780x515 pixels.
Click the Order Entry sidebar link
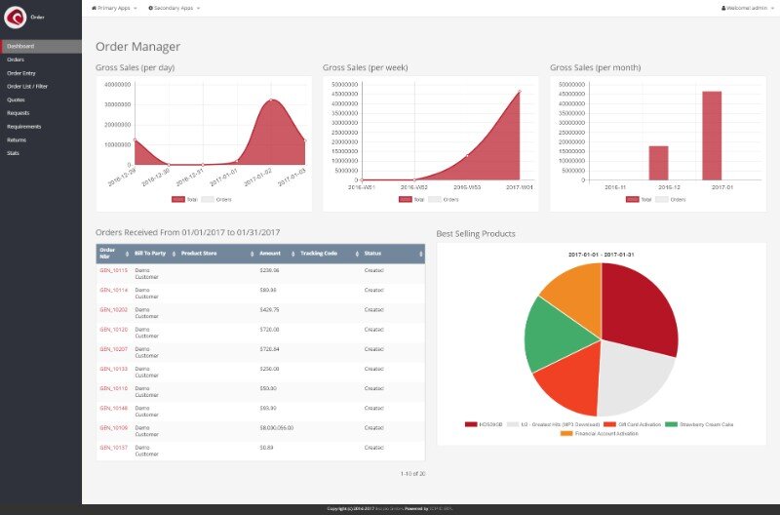21,73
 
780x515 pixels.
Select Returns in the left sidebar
17,139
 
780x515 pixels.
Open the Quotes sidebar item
17,99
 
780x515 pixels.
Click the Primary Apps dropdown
114,7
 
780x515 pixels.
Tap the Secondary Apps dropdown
174,7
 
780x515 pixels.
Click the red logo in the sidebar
16,18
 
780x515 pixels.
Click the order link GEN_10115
114,270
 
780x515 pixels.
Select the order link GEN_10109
114,427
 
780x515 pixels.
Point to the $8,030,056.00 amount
277,427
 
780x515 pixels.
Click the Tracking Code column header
319,253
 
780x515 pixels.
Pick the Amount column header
270,253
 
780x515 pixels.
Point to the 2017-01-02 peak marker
271,99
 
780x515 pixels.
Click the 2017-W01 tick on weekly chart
520,186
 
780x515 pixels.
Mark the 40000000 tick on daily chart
117,84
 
